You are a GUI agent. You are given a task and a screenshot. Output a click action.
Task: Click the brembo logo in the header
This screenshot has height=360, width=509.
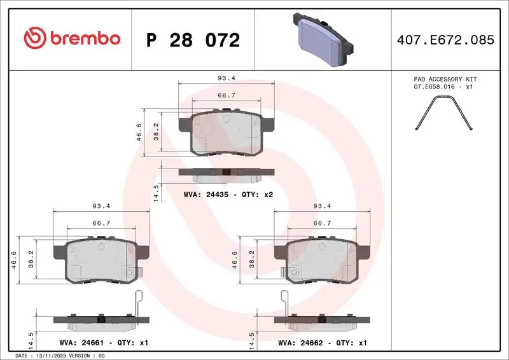tap(72, 38)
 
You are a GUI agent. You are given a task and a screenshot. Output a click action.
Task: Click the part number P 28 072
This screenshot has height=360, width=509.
tap(193, 40)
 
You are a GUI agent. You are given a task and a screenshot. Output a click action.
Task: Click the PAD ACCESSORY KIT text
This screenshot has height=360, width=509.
tap(445, 80)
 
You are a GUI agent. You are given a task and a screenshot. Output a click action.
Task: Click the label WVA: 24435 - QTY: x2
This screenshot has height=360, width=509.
tap(228, 194)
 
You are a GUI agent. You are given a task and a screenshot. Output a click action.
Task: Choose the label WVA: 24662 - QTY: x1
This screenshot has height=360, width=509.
tap(323, 343)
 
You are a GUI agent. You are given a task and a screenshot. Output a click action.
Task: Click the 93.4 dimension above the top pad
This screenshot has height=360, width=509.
tap(227, 78)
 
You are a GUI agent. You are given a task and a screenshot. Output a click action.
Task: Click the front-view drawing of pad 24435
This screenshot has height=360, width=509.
tap(227, 132)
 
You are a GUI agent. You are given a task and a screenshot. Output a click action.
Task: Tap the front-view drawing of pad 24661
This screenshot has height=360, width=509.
tap(102, 260)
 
